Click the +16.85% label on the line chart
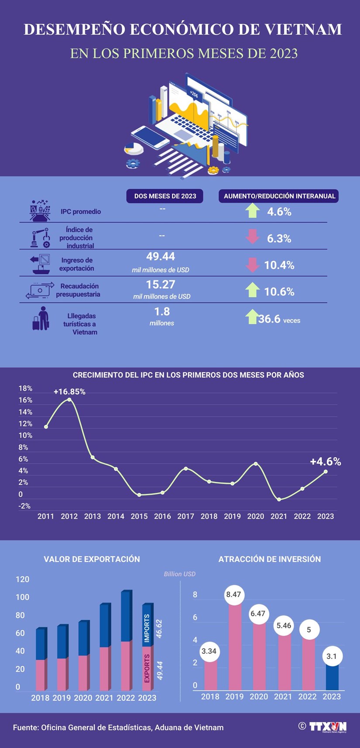pyautogui.click(x=69, y=391)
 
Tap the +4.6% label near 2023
pyautogui.click(x=326, y=462)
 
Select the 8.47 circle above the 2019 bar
pyautogui.click(x=233, y=594)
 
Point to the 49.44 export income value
pyautogui.click(x=161, y=257)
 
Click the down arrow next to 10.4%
pyautogui.click(x=252, y=264)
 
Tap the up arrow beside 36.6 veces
pyautogui.click(x=252, y=317)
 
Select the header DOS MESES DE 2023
pyautogui.click(x=165, y=196)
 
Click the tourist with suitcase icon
pyautogui.click(x=41, y=319)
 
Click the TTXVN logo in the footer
pyautogui.click(x=328, y=727)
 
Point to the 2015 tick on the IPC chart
pyautogui.click(x=139, y=516)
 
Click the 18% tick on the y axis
pyautogui.click(x=25, y=388)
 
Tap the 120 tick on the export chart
pyautogui.click(x=22, y=579)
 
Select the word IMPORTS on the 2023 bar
pyautogui.click(x=147, y=628)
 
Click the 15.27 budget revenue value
pyautogui.click(x=161, y=285)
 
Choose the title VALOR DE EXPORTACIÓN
pyautogui.click(x=92, y=559)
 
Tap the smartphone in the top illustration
pyautogui.click(x=150, y=137)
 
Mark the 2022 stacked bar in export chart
pyautogui.click(x=126, y=641)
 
